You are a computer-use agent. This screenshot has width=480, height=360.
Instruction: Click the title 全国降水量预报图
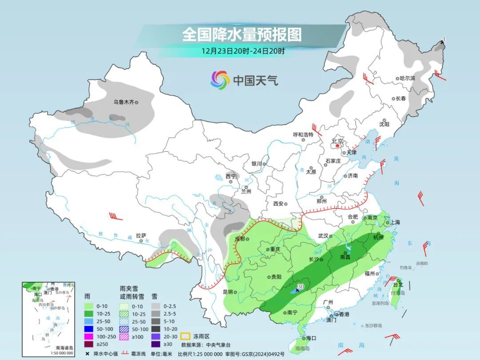[242, 34]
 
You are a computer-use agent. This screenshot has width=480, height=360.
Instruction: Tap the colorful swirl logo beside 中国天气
[220, 80]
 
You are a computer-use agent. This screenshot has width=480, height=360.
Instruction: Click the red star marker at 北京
[337, 145]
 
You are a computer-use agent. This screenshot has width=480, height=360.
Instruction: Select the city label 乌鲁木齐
[123, 102]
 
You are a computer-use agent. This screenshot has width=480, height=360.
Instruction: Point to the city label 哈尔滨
[407, 78]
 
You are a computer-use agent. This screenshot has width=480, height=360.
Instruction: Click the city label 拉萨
[141, 236]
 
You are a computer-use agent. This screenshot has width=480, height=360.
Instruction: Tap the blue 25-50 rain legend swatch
[90, 321]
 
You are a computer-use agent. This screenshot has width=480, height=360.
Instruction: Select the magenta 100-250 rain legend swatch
[90, 336]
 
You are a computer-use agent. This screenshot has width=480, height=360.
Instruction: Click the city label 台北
[398, 284]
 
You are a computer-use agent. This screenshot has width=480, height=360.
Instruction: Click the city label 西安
[278, 204]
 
